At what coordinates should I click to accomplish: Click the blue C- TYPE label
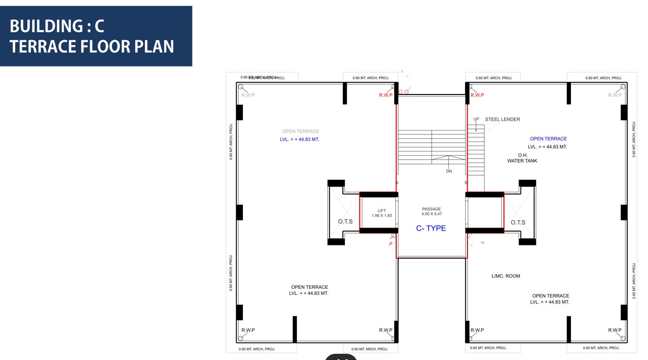(x=431, y=229)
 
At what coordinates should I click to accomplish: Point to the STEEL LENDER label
(x=502, y=119)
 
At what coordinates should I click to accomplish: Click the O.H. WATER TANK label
(x=522, y=158)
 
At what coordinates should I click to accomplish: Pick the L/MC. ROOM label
(x=505, y=276)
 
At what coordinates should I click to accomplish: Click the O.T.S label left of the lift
(x=345, y=222)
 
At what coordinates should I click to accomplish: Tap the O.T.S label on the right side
(x=518, y=223)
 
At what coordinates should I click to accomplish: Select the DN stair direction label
(x=449, y=171)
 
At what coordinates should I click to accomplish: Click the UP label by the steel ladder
(x=476, y=119)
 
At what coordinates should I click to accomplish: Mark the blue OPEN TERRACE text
(x=548, y=139)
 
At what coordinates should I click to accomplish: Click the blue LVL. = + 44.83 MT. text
(x=299, y=139)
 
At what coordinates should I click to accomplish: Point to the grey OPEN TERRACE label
(x=301, y=131)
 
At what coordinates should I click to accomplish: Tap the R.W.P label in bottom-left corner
(x=248, y=330)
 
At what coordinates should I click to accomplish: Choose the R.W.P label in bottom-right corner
(x=615, y=330)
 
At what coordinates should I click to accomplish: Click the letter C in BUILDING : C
(x=99, y=26)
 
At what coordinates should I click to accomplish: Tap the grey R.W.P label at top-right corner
(x=615, y=95)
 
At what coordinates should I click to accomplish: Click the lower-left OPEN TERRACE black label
(x=309, y=287)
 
